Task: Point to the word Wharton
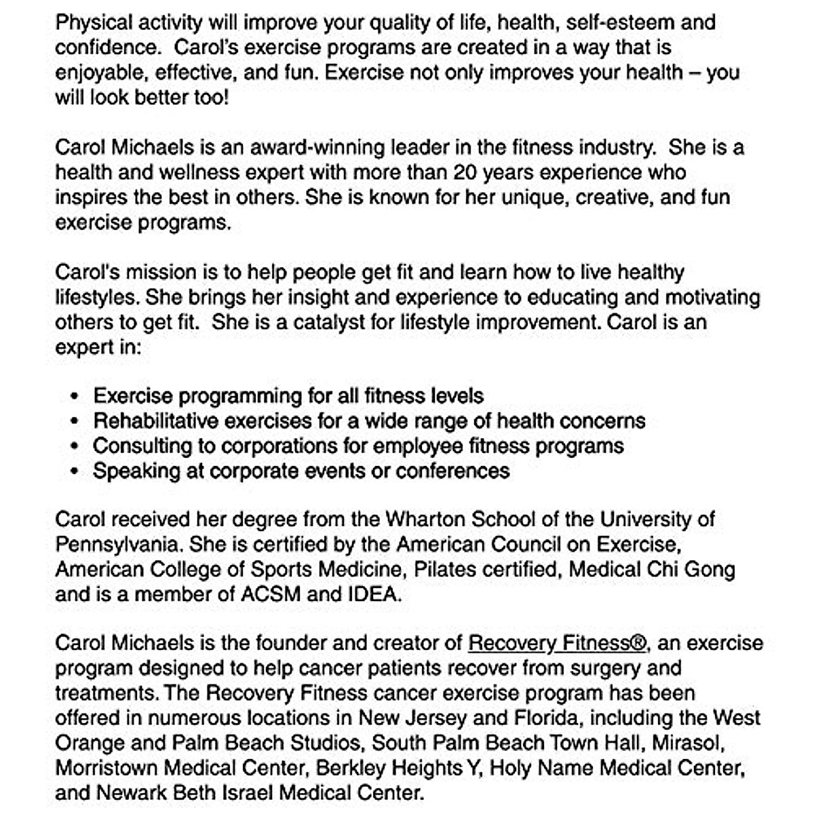pyautogui.click(x=428, y=520)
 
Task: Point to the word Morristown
pyautogui.click(x=106, y=768)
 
